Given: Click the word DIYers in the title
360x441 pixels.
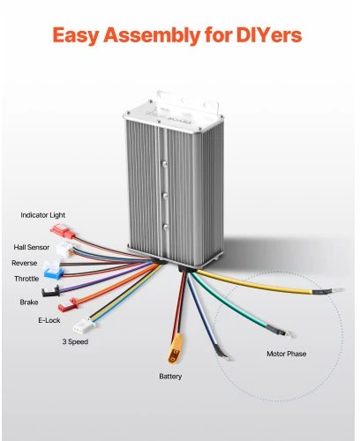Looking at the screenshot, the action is coord(269,35).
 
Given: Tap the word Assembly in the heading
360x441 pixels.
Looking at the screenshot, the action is coord(152,36).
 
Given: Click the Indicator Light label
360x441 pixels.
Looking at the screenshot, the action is coord(43,215).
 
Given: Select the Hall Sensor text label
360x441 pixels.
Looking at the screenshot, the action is coord(32,247).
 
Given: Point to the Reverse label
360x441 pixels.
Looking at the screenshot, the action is coord(25,263).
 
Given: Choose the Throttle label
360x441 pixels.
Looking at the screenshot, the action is coord(26,279).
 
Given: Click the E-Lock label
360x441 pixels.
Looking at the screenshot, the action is coord(49,320).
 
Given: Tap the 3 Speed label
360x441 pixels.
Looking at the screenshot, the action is coord(75,342).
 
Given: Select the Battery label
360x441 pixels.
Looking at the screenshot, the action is coord(170,377).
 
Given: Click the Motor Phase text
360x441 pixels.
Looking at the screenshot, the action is coord(286,354).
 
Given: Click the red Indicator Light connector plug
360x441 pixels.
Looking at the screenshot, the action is coord(63,231).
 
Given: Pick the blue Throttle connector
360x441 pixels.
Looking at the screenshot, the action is coord(53,273).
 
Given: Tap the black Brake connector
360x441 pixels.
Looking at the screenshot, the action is coord(50,292).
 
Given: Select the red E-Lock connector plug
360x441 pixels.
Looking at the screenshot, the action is coord(68,305).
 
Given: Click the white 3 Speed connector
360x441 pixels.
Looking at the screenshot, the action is coord(81,326).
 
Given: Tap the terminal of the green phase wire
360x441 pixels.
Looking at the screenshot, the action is coord(289,333).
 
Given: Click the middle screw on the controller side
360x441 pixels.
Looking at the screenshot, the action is coord(165,195).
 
